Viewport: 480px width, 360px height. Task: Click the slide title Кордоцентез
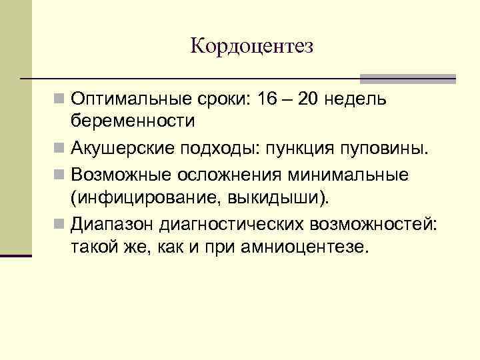pos(251,46)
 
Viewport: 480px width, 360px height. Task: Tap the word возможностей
pos(376,223)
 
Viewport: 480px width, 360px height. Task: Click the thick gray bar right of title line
pos(407,78)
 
